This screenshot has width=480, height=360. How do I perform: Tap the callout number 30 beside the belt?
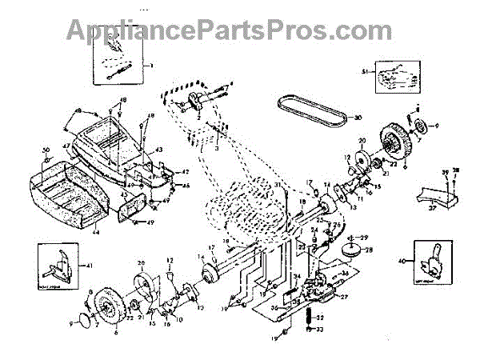tap(358, 118)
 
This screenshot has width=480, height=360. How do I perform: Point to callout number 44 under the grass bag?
tap(95, 231)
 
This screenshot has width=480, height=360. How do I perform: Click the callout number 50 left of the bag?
tap(46, 150)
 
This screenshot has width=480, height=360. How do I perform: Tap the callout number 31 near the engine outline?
tap(279, 186)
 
